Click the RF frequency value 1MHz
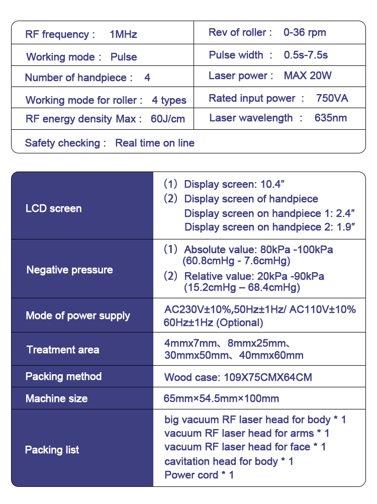[x=123, y=35]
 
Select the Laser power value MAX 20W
[x=308, y=76]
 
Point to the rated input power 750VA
[x=332, y=98]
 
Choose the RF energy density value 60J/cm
[x=168, y=119]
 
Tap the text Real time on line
[x=155, y=143]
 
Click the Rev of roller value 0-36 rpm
[x=305, y=33]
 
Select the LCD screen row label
[x=53, y=208]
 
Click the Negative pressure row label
[x=69, y=270]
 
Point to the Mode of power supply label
[x=78, y=316]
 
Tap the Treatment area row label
[x=63, y=350]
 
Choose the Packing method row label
[x=63, y=377]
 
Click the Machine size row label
[x=56, y=399]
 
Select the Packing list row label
[x=52, y=450]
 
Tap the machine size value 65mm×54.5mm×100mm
[x=221, y=399]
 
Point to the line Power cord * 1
[x=199, y=475]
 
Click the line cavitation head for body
[x=229, y=461]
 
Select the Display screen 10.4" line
[x=235, y=185]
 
